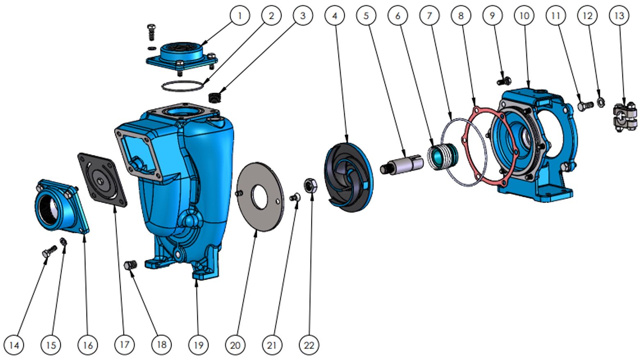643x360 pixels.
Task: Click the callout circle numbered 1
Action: (x=240, y=16)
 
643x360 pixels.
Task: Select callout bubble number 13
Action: (x=619, y=16)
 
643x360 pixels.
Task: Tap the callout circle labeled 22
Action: (x=309, y=345)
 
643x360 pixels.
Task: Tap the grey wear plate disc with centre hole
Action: (x=260, y=196)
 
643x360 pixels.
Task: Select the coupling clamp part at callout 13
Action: (x=625, y=117)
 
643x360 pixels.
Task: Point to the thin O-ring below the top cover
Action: (x=182, y=87)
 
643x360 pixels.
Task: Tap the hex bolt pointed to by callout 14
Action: (x=49, y=252)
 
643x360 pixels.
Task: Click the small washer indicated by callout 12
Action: (x=601, y=101)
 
